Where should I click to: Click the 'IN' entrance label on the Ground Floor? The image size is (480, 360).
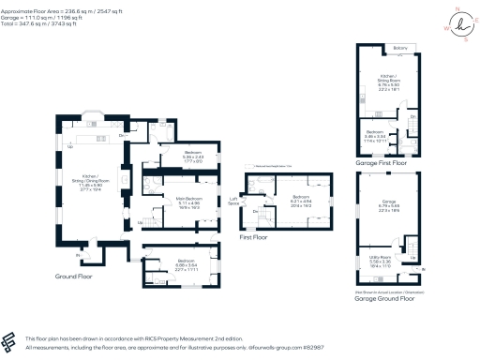[77, 255]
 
